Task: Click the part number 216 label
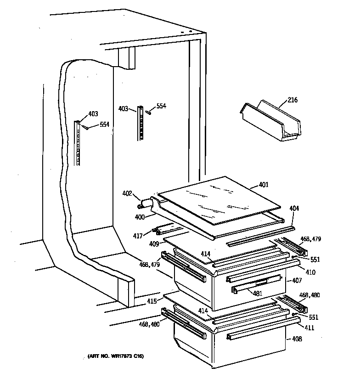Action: [x=292, y=100]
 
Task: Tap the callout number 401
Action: [x=264, y=186]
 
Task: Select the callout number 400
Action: [x=140, y=216]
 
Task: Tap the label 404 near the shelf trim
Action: [x=294, y=209]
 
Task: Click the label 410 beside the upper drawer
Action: [x=310, y=272]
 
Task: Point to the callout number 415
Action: [x=152, y=301]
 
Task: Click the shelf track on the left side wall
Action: [x=78, y=142]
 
